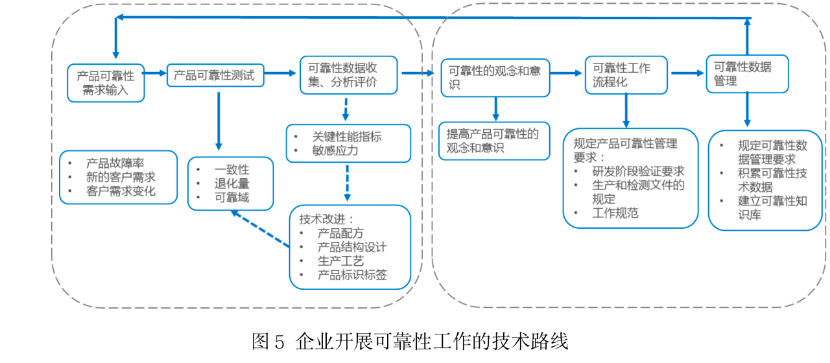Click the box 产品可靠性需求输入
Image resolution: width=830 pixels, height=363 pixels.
[106, 82]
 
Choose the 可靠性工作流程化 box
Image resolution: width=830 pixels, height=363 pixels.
[625, 75]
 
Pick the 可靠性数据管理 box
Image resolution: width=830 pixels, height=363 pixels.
[746, 74]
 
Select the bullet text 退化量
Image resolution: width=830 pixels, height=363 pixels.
[231, 183]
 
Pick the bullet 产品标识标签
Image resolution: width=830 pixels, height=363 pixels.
[352, 275]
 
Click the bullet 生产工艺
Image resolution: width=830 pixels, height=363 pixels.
[340, 261]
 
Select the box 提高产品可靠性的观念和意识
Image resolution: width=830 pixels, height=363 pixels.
[493, 141]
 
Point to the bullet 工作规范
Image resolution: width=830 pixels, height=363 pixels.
[615, 213]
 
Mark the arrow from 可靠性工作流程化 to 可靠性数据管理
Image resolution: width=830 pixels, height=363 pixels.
[687, 73]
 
